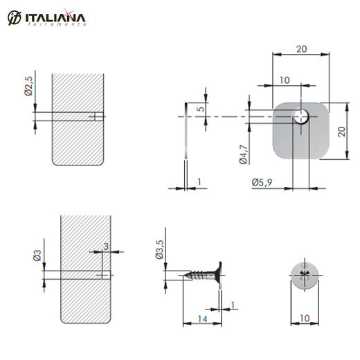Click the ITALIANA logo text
click(x=55, y=18)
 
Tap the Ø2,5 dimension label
click(x=29, y=86)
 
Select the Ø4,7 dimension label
click(x=243, y=154)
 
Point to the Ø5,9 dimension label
click(x=262, y=183)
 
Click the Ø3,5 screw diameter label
click(x=159, y=249)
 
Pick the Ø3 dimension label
click(x=37, y=255)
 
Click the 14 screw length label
click(x=202, y=319)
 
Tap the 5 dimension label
click(x=201, y=108)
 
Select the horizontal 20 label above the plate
click(x=301, y=49)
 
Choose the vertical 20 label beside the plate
click(x=342, y=132)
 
